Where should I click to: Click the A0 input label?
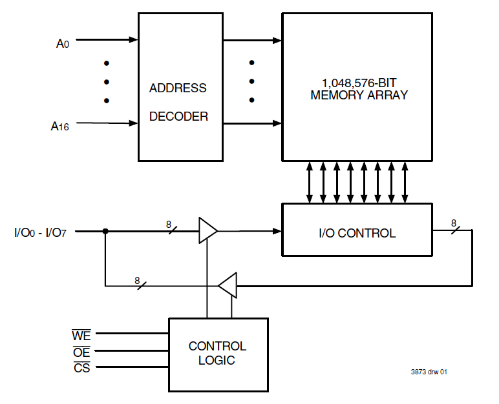62,44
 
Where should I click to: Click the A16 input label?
60,126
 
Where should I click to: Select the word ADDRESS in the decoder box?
178,88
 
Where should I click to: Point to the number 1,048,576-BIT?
359,83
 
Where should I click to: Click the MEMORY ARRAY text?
359,96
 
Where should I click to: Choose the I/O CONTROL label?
357,233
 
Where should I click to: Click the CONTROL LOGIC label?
217,353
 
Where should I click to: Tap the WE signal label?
81,335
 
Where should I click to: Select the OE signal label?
81,352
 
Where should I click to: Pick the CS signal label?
81,369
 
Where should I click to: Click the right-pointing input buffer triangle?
207,230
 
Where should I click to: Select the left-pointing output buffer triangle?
229,285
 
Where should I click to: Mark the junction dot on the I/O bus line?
105,230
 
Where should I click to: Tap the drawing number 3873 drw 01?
429,372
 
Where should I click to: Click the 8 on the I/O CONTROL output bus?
453,223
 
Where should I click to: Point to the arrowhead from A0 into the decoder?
134,40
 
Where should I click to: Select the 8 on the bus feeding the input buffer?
169,225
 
